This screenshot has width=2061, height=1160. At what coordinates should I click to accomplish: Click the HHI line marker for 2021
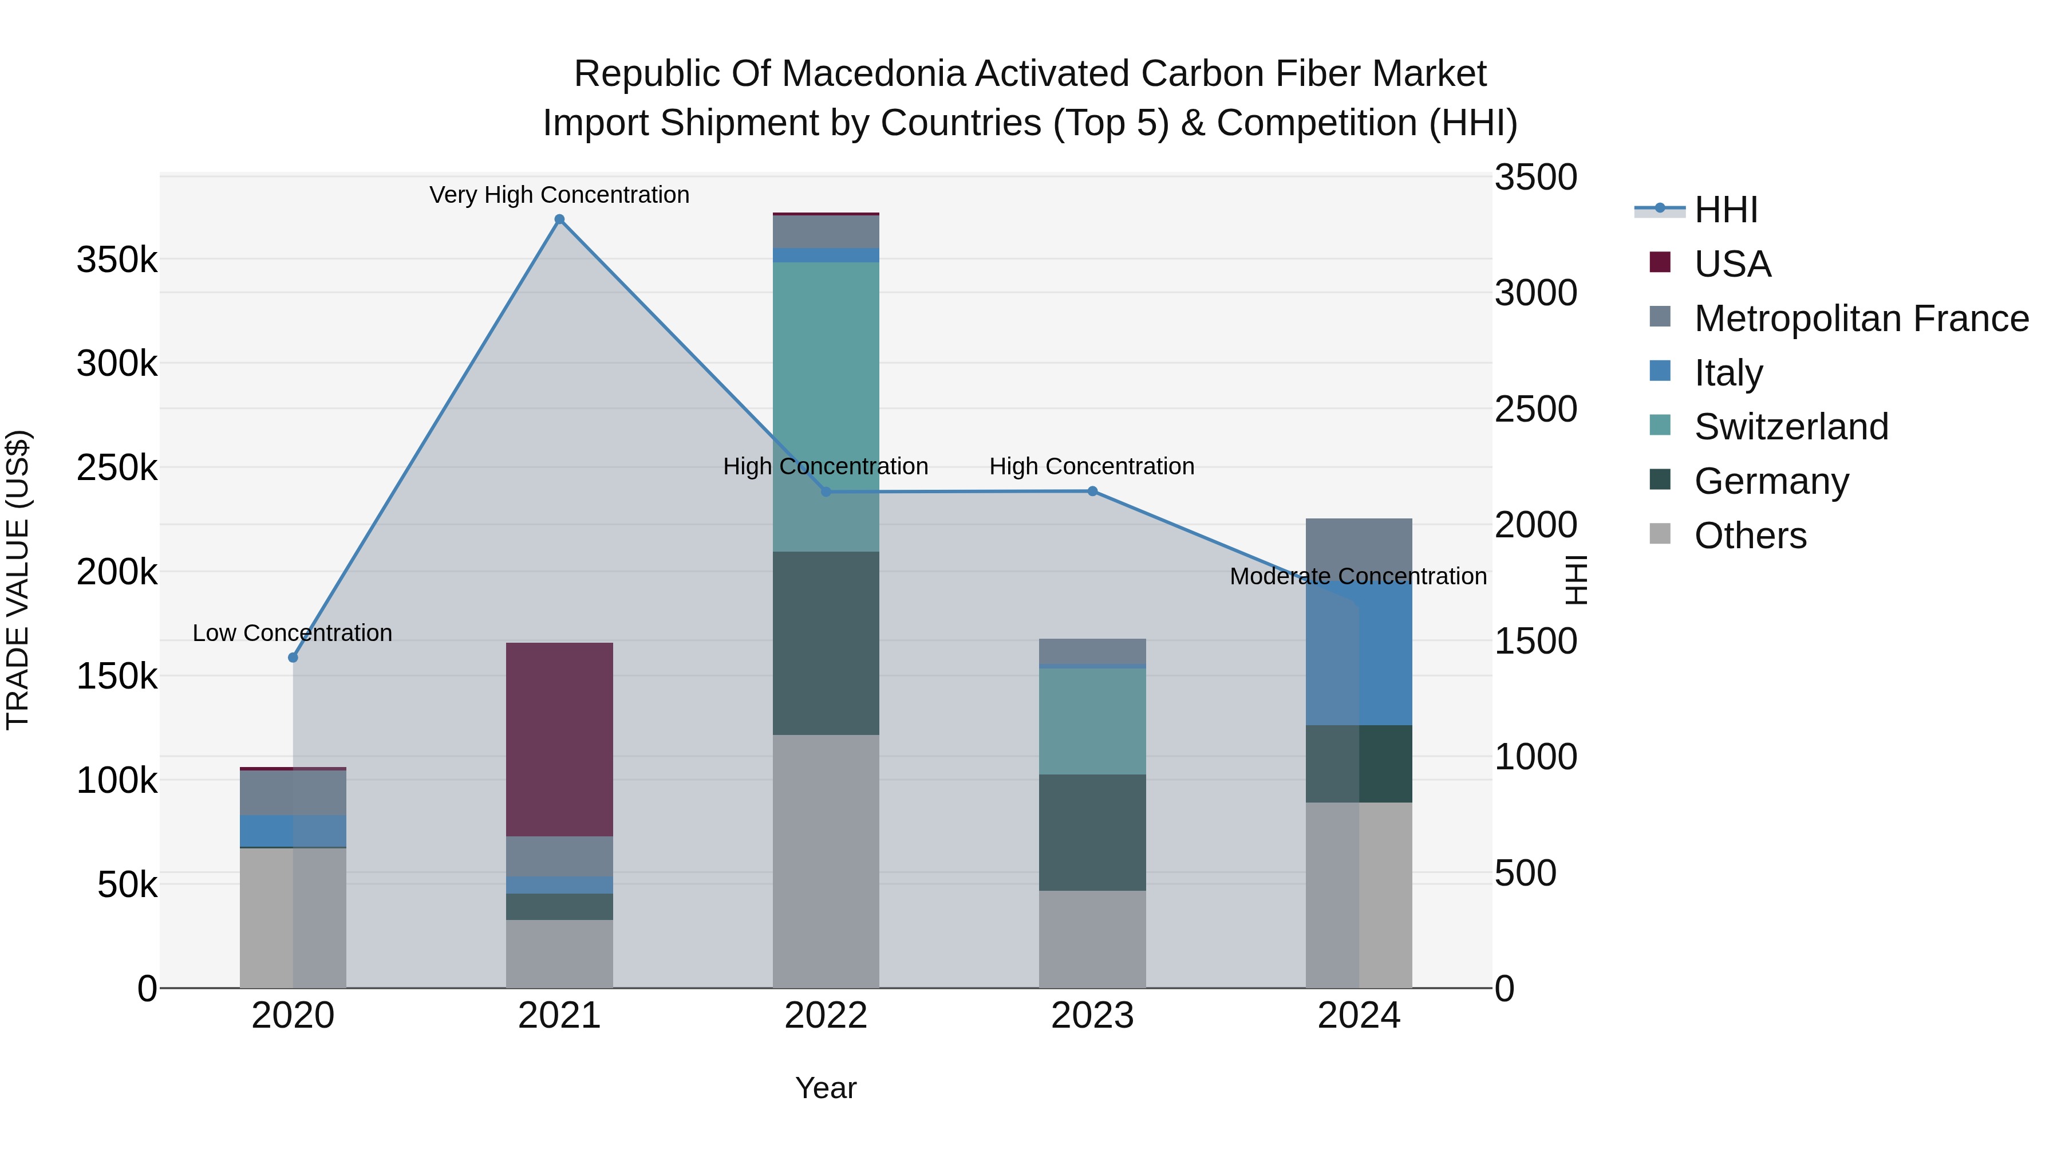(x=559, y=219)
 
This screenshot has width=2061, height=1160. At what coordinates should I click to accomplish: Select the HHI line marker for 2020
(x=293, y=657)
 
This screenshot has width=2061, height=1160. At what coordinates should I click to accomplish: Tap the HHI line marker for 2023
(x=1092, y=491)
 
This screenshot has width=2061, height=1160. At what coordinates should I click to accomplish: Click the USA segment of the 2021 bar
(x=559, y=739)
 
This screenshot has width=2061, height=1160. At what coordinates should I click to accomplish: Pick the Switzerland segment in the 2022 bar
(x=826, y=406)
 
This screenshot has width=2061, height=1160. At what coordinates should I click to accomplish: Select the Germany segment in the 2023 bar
(x=1092, y=832)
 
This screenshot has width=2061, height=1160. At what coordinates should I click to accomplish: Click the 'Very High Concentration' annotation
(x=559, y=195)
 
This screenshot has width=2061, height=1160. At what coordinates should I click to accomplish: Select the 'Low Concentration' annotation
(x=293, y=632)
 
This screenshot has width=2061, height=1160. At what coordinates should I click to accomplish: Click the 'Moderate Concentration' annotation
(x=1358, y=576)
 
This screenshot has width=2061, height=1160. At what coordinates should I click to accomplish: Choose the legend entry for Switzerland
(x=1791, y=427)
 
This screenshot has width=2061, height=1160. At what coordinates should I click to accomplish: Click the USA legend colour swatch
(x=1660, y=262)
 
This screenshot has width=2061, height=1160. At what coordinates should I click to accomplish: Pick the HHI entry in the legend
(x=1726, y=210)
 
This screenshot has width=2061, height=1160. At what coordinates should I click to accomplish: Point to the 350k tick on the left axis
(x=117, y=260)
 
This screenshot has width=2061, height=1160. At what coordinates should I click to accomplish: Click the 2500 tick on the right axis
(x=1535, y=409)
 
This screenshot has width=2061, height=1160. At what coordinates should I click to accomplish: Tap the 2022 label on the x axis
(x=826, y=1016)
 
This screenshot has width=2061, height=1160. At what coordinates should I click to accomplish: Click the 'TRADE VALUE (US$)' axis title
(x=18, y=580)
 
